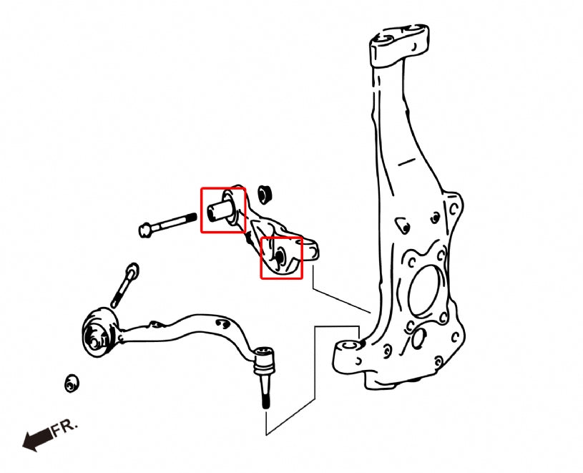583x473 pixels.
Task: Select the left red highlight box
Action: pyautogui.click(x=222, y=210)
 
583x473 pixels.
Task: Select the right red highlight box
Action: pyautogui.click(x=280, y=258)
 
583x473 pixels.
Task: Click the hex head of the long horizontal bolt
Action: pyautogui.click(x=145, y=230)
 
